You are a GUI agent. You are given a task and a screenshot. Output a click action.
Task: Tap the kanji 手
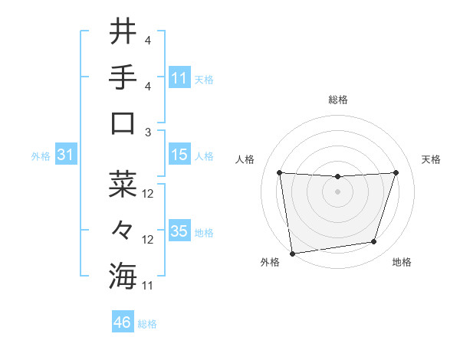123,77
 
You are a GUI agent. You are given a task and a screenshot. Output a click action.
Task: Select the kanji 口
123,123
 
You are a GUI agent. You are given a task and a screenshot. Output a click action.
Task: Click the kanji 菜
123,185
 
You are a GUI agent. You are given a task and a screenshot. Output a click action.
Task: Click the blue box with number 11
179,77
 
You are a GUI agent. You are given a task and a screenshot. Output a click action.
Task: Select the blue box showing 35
179,231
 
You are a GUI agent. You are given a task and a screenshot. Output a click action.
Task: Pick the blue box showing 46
122,322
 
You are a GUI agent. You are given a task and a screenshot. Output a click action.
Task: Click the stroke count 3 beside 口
147,132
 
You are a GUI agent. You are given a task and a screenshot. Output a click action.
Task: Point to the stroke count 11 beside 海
149,286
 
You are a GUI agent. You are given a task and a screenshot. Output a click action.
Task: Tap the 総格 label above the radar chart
337,100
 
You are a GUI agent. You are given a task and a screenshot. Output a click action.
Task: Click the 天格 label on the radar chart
431,159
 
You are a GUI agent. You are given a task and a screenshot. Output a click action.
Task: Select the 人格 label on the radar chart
245,159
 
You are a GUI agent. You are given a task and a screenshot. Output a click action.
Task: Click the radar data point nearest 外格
291,253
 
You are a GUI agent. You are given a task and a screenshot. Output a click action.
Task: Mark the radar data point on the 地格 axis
374,242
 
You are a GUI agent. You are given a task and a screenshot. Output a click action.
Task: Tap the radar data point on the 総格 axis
337,177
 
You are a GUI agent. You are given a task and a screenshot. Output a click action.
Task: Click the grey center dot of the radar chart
337,191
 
